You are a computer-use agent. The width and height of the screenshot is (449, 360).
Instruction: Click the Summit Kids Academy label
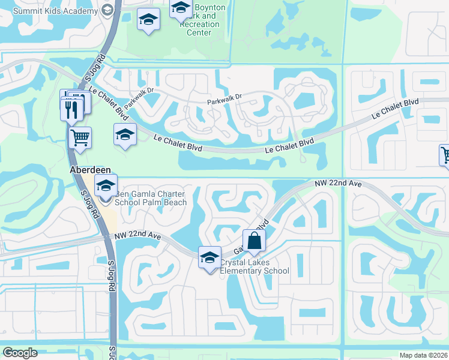click(x=55, y=11)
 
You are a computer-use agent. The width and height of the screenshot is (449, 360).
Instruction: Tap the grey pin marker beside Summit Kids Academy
click(x=107, y=10)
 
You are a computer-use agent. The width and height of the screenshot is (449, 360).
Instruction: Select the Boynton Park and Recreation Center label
click(x=204, y=20)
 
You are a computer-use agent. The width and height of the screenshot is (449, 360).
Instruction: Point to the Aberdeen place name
click(x=88, y=170)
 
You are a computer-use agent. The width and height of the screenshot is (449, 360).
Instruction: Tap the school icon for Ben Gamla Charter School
click(x=106, y=185)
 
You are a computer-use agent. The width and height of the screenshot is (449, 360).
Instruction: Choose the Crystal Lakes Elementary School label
click(x=255, y=266)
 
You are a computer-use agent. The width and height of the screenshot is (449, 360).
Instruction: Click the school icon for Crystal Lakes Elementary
click(x=209, y=257)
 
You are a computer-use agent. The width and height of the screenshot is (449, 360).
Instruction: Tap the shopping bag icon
click(x=255, y=241)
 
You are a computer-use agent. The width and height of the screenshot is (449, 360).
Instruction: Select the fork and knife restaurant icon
click(x=70, y=109)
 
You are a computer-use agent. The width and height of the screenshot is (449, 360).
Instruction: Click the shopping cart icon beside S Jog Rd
click(x=80, y=138)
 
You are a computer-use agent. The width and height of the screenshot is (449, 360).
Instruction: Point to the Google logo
click(x=20, y=353)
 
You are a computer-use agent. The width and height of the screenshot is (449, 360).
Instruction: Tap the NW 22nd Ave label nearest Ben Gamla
click(x=139, y=236)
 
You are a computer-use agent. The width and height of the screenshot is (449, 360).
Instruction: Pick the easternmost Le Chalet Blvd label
click(x=394, y=108)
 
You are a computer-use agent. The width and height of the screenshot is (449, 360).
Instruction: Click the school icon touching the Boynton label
click(x=180, y=10)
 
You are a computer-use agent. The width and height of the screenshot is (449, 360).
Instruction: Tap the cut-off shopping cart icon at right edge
click(x=445, y=155)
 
